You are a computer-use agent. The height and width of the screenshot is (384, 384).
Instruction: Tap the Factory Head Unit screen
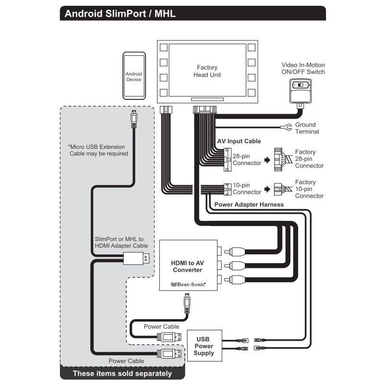(x=207, y=72)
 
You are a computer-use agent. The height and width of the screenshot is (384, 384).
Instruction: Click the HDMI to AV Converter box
(x=188, y=265)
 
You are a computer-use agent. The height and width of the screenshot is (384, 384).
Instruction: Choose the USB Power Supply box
(x=204, y=346)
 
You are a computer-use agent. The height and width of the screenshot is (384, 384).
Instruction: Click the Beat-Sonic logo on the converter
(x=188, y=284)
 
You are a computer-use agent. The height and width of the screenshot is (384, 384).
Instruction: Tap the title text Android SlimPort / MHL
(x=120, y=13)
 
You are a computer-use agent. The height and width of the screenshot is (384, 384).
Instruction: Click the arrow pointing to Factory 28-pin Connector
(x=267, y=159)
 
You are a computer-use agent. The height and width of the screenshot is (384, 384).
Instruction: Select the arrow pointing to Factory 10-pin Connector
(x=267, y=189)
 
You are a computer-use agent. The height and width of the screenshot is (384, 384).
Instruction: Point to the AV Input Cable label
(x=239, y=141)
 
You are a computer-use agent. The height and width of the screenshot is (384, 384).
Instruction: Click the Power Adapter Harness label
(x=249, y=204)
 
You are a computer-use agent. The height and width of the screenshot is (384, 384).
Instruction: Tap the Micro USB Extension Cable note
(x=98, y=150)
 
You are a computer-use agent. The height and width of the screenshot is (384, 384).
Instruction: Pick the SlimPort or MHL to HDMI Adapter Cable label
(x=119, y=242)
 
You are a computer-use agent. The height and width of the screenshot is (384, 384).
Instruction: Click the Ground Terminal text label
(x=307, y=128)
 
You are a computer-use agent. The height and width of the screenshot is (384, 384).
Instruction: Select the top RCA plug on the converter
(x=238, y=251)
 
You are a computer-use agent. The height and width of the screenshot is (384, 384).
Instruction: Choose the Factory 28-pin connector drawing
(x=280, y=159)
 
